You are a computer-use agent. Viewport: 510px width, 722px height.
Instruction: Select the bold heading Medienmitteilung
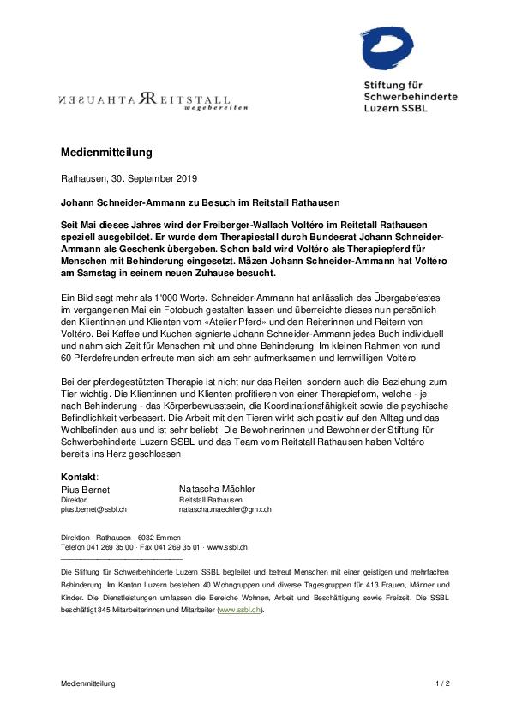106,153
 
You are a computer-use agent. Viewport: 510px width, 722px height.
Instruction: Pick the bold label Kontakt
79,477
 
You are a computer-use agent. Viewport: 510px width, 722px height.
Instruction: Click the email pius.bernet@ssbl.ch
94,509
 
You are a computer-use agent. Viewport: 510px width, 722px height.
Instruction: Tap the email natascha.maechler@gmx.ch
225,509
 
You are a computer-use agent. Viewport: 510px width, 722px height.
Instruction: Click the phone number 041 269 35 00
107,546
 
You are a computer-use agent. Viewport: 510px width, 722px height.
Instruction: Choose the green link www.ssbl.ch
241,609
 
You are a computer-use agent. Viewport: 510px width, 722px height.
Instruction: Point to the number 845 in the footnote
105,609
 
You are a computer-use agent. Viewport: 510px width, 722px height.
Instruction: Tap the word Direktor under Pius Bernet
74,499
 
